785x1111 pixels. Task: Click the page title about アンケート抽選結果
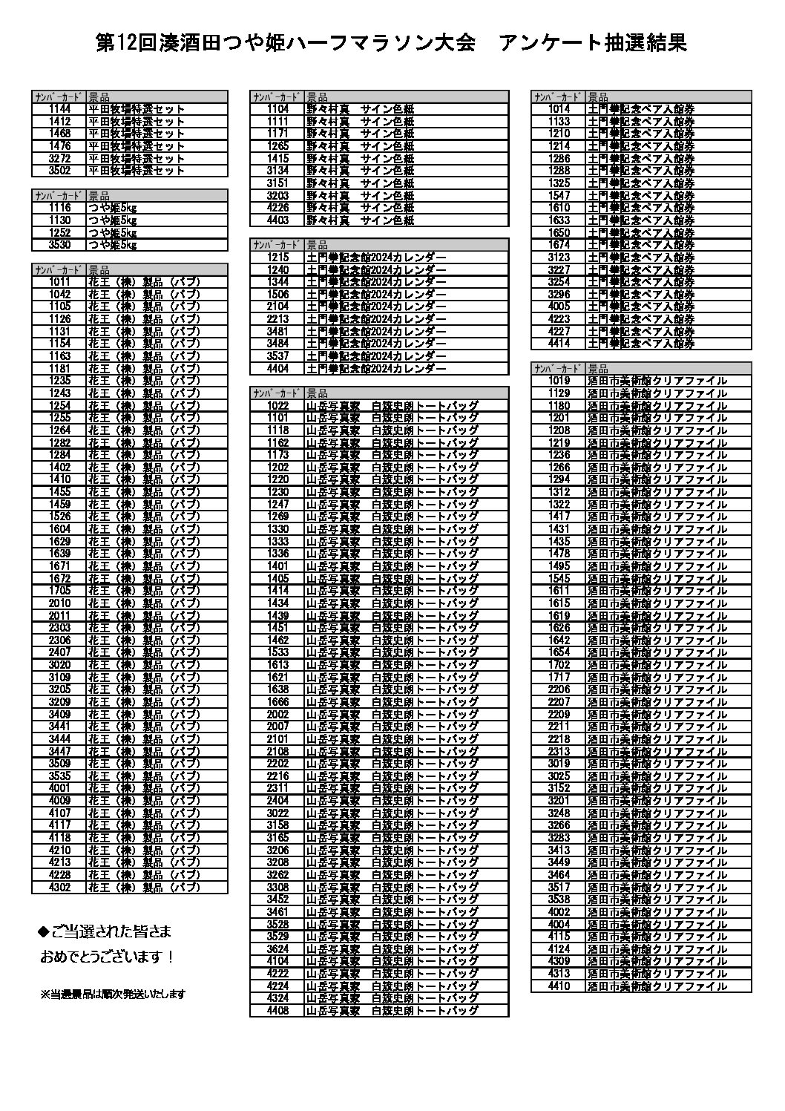click(x=392, y=43)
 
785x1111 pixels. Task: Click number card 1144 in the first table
click(x=59, y=109)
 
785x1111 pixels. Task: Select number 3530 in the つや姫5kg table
click(x=59, y=245)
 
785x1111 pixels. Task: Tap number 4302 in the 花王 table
click(x=59, y=887)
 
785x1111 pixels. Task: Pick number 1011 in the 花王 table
click(x=59, y=282)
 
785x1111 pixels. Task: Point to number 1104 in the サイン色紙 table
click(x=277, y=109)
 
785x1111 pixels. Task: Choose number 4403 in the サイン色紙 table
click(x=277, y=220)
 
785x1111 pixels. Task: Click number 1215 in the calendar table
click(x=277, y=258)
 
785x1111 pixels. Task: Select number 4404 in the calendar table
click(x=277, y=368)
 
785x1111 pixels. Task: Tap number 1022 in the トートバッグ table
click(x=277, y=406)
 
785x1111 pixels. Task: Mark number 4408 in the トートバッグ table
click(x=277, y=1011)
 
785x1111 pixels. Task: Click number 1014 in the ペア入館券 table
click(x=559, y=109)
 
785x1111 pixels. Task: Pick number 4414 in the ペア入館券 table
click(x=559, y=344)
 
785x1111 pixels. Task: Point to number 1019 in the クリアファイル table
click(x=559, y=381)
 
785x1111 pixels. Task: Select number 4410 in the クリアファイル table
click(x=559, y=986)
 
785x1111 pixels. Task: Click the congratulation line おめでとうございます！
click(x=107, y=957)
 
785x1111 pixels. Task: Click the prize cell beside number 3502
click(x=137, y=171)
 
